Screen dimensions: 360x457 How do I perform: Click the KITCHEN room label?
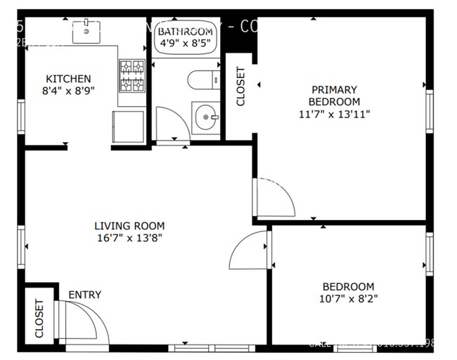click(68, 79)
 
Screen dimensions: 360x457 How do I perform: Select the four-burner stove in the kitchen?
click(131, 77)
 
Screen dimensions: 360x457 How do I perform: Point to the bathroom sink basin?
click(205, 114)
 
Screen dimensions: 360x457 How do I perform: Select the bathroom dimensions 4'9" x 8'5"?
click(185, 44)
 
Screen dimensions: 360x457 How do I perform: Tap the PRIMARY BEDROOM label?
click(334, 96)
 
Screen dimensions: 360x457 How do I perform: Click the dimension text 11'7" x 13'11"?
click(334, 113)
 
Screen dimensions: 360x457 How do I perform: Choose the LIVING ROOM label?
click(129, 226)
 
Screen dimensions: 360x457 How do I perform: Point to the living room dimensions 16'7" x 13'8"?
click(129, 238)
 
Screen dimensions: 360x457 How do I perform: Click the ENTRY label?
click(84, 295)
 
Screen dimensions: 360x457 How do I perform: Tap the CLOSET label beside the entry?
click(39, 318)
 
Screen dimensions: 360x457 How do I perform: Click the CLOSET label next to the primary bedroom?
click(240, 86)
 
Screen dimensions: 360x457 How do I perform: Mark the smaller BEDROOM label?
click(348, 286)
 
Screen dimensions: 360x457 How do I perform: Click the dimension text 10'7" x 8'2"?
click(348, 299)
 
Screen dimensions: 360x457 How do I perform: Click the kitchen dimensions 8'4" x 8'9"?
click(68, 91)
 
